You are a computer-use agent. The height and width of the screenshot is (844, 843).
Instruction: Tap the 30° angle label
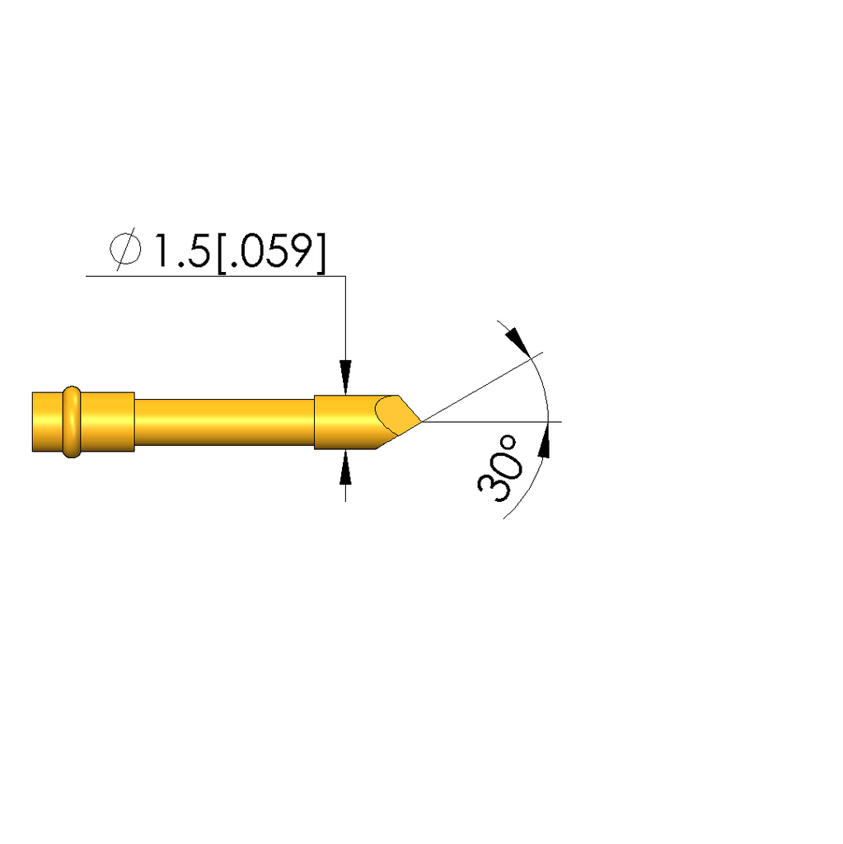click(x=499, y=468)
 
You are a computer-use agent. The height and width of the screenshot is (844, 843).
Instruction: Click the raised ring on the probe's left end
click(x=72, y=421)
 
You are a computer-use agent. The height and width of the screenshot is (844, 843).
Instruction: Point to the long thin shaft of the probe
click(x=224, y=422)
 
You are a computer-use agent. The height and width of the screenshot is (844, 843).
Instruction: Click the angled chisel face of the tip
click(x=397, y=415)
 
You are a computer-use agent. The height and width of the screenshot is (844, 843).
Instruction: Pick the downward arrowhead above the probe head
click(x=345, y=377)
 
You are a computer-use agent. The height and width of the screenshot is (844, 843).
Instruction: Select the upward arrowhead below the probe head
click(x=345, y=467)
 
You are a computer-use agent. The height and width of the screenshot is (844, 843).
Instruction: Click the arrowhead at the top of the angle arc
click(x=518, y=342)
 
